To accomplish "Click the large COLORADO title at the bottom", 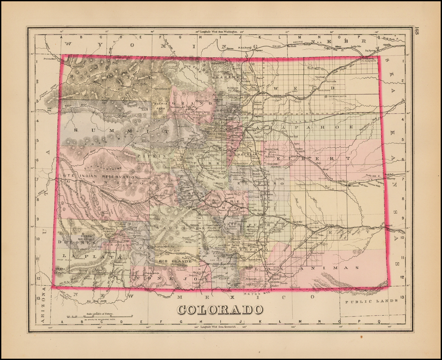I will point(220,309).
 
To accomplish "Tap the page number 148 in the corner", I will point(417,31).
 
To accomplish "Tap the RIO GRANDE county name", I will point(175,261).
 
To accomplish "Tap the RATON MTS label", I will point(253,294).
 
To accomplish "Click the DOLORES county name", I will point(79,243).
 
